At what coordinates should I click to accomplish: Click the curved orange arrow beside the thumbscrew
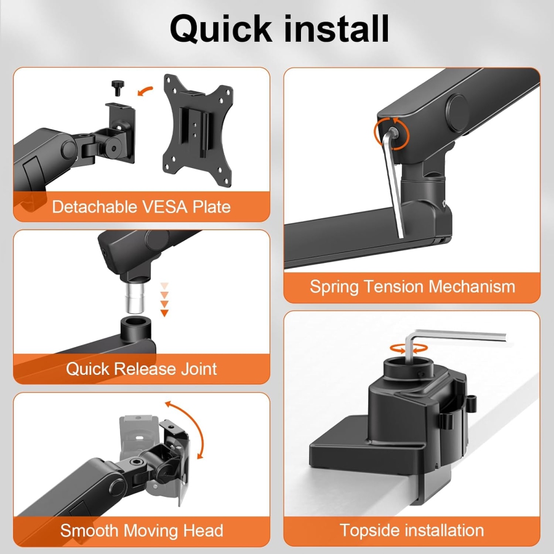tap(145, 91)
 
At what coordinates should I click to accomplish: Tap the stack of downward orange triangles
tap(164, 299)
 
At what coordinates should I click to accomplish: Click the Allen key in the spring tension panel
tap(393, 185)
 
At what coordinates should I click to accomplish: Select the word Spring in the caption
tap(335, 286)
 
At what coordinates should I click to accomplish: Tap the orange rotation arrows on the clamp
tap(408, 348)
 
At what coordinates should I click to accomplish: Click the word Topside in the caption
tap(371, 530)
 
